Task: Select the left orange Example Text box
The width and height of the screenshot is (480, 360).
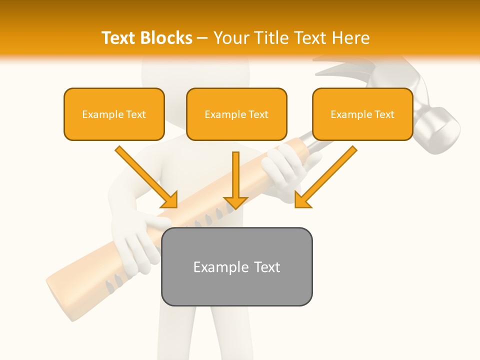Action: click(x=114, y=114)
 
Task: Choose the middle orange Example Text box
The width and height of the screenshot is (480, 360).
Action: click(x=236, y=114)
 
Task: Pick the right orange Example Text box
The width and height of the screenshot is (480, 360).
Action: click(x=362, y=114)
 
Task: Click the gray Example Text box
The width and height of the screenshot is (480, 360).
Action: click(x=236, y=266)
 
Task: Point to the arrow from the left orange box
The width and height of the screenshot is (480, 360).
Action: click(x=147, y=177)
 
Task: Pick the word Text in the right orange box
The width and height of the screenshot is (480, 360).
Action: click(x=384, y=114)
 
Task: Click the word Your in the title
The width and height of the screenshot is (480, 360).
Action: click(x=232, y=38)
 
